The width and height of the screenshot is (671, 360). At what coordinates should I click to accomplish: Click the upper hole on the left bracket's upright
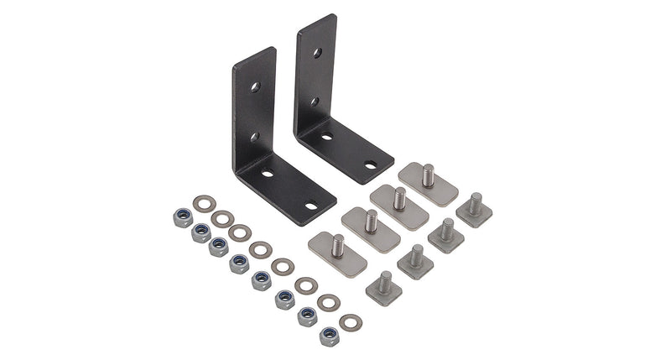(x=252, y=86)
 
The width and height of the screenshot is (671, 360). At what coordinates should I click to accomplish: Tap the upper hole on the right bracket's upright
(x=316, y=53)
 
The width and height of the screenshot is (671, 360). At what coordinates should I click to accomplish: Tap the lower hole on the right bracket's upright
(x=316, y=101)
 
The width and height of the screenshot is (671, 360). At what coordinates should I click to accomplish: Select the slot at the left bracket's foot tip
(x=311, y=205)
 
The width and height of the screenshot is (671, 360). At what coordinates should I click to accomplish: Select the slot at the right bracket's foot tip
(x=370, y=165)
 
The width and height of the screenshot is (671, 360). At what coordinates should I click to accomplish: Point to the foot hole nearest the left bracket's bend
(x=268, y=174)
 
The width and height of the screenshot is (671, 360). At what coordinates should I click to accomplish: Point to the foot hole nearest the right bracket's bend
(x=327, y=135)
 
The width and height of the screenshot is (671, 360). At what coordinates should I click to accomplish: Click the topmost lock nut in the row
(x=179, y=217)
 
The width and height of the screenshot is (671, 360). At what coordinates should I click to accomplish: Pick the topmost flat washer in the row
(x=202, y=204)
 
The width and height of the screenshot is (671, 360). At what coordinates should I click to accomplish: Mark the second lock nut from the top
(x=200, y=232)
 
